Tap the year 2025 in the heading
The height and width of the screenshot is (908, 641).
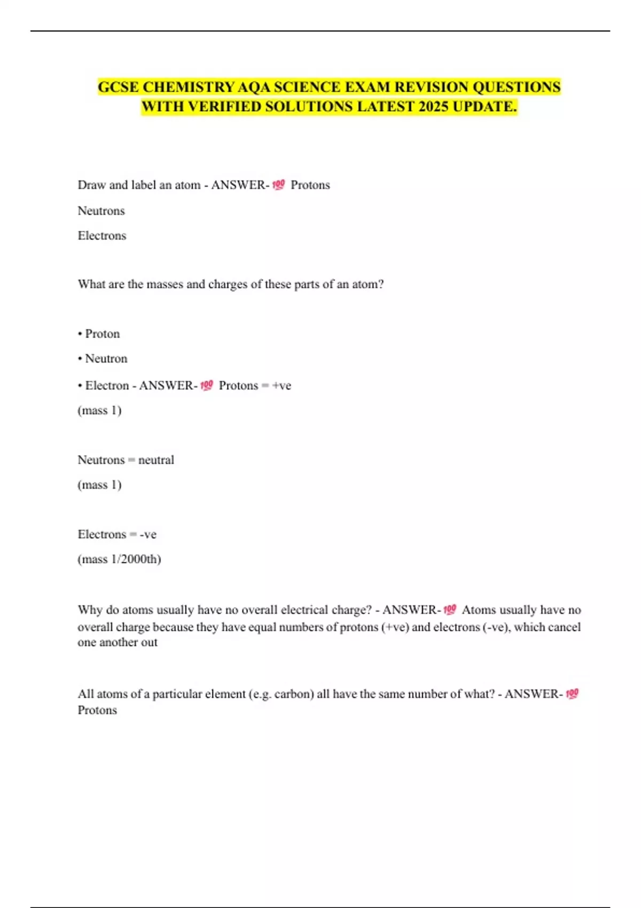click(x=433, y=107)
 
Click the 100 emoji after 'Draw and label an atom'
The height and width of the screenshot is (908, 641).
click(x=278, y=185)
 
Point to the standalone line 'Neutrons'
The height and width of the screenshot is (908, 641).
click(x=101, y=211)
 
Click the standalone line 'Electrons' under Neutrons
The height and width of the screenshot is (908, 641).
click(x=101, y=236)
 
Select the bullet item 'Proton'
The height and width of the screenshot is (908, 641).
click(x=102, y=334)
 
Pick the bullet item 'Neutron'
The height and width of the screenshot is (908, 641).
click(x=106, y=358)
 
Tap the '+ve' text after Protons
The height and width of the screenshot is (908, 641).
click(x=282, y=386)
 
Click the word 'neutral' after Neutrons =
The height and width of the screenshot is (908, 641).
click(x=156, y=460)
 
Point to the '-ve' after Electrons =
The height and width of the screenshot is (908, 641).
click(x=148, y=534)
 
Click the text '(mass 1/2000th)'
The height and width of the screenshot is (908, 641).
click(x=119, y=559)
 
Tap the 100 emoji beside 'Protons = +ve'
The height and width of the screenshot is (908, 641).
click(x=207, y=386)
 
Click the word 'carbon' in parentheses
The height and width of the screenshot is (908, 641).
click(x=293, y=694)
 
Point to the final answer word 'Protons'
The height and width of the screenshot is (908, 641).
click(x=97, y=710)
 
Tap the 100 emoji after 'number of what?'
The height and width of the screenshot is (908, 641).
click(x=572, y=694)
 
